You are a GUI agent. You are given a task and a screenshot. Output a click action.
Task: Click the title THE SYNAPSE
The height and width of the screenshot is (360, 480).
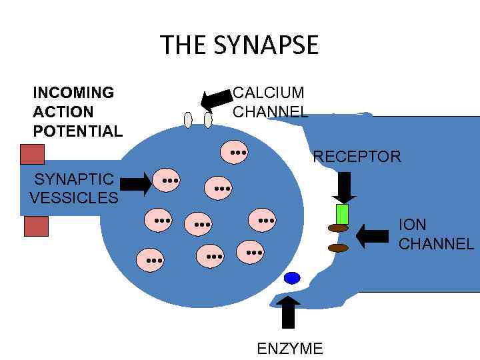[x=239, y=45]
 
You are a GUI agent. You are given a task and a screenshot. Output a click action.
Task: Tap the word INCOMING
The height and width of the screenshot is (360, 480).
[x=73, y=92]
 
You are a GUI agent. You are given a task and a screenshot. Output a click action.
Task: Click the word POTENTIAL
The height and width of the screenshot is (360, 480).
[x=78, y=131]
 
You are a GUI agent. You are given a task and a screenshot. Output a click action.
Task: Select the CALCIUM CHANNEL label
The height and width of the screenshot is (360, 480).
[x=269, y=102]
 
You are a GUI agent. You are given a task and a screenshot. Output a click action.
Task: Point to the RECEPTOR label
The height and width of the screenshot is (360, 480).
[x=357, y=157]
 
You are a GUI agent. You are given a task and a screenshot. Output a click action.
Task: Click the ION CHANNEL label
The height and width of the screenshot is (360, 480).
[x=436, y=234]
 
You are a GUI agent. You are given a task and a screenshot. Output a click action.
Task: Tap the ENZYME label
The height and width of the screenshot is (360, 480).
[x=289, y=348]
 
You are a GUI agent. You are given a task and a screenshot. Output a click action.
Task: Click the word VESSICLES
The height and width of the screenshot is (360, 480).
[x=74, y=198]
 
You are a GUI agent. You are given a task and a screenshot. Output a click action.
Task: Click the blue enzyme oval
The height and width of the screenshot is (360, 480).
[x=292, y=278]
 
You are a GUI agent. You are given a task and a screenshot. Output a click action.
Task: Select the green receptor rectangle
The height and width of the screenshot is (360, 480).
[x=342, y=214]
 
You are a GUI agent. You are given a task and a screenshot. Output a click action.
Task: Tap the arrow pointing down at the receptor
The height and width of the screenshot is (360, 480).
[x=344, y=187]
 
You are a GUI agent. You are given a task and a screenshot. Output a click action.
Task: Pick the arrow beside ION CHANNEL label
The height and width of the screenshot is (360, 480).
[x=373, y=235]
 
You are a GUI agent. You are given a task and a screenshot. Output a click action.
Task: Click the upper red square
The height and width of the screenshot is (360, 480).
[x=32, y=154]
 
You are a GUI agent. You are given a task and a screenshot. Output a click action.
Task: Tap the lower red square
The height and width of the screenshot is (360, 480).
[x=36, y=227]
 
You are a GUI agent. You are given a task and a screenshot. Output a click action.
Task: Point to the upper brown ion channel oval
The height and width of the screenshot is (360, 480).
[x=339, y=228]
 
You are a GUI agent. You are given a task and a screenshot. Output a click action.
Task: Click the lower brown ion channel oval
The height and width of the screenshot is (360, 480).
[x=339, y=248]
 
